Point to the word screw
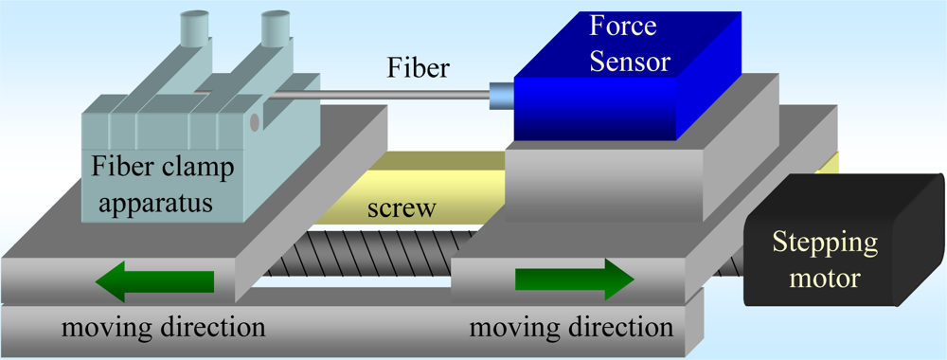point(404,208)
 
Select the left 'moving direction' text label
point(162,329)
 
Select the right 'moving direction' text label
point(572,329)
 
